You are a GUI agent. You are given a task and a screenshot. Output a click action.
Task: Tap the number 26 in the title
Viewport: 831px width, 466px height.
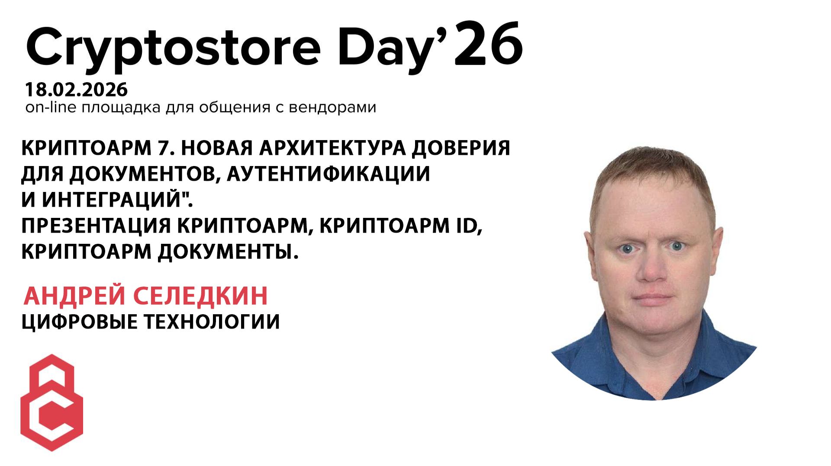(x=490, y=43)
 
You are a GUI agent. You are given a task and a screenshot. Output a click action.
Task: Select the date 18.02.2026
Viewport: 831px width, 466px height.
(x=77, y=90)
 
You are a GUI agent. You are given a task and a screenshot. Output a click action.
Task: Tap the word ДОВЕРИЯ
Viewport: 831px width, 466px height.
(x=461, y=148)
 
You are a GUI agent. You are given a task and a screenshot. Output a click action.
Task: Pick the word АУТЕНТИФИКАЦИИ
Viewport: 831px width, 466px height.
(x=328, y=174)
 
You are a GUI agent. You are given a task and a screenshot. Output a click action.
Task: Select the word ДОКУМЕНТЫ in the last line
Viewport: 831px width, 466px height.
(x=228, y=252)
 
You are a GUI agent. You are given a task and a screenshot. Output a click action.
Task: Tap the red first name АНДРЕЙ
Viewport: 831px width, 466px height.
(x=74, y=296)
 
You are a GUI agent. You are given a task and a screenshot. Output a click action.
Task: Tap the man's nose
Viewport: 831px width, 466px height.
(x=653, y=268)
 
